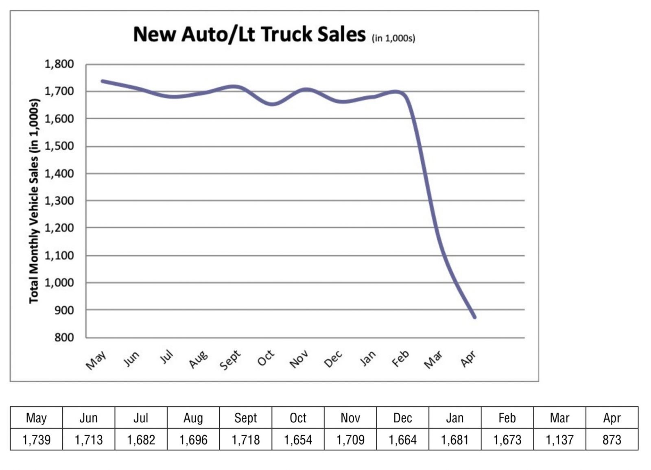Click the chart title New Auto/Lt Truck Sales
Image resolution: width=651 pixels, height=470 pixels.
coord(249,34)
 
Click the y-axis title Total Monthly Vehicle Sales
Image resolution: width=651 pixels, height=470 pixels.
coord(34,201)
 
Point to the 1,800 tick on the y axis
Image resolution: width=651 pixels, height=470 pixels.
coord(59,64)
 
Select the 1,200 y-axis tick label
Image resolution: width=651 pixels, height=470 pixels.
coord(59,228)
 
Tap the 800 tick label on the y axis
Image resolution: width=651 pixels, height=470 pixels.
coord(64,337)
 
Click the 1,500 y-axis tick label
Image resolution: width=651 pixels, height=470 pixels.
coord(59,146)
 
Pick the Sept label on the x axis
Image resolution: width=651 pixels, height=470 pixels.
coord(230,360)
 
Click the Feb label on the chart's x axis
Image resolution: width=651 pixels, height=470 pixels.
coord(400,358)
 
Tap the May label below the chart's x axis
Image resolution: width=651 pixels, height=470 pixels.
coord(96,360)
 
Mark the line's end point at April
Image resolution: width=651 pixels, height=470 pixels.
coord(474,317)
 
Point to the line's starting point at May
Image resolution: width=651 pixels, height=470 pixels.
coord(102,81)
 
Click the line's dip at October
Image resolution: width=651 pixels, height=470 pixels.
coord(272,104)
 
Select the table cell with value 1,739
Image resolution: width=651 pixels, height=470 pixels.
coord(36,439)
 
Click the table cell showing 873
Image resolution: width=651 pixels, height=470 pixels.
coord(612,439)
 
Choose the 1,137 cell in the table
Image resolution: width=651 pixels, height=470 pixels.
coord(559,439)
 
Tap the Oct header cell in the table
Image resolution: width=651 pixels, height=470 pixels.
coord(298,418)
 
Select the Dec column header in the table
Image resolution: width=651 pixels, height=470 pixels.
coord(402,418)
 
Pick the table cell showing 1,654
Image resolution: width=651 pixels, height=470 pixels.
coord(298,439)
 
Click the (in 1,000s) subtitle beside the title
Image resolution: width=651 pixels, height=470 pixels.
coord(393,38)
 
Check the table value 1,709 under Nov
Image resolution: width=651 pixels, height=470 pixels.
coord(350,439)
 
